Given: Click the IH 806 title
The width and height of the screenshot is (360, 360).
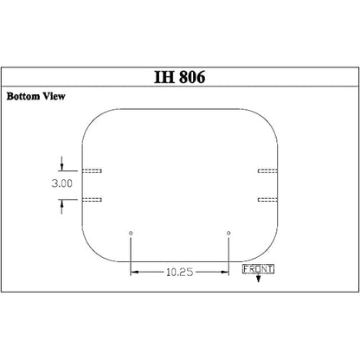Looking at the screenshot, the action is coord(180,77).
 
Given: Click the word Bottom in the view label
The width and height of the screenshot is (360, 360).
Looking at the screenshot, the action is coord(23,96).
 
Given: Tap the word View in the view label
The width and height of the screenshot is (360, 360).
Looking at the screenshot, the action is coord(54,96).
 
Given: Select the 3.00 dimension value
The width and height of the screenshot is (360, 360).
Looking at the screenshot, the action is coord(62,183).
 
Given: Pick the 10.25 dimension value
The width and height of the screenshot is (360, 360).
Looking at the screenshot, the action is coord(179,272).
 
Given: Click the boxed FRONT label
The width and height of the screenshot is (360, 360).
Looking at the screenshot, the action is coord(258,269).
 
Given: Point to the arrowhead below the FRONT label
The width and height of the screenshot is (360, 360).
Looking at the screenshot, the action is coord(258,279).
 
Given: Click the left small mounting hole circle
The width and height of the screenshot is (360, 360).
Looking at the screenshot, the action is coord(131,233).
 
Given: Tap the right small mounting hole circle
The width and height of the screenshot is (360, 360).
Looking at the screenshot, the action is coord(228,233).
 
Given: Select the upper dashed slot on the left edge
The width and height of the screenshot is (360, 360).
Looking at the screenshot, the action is coord(92,170).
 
